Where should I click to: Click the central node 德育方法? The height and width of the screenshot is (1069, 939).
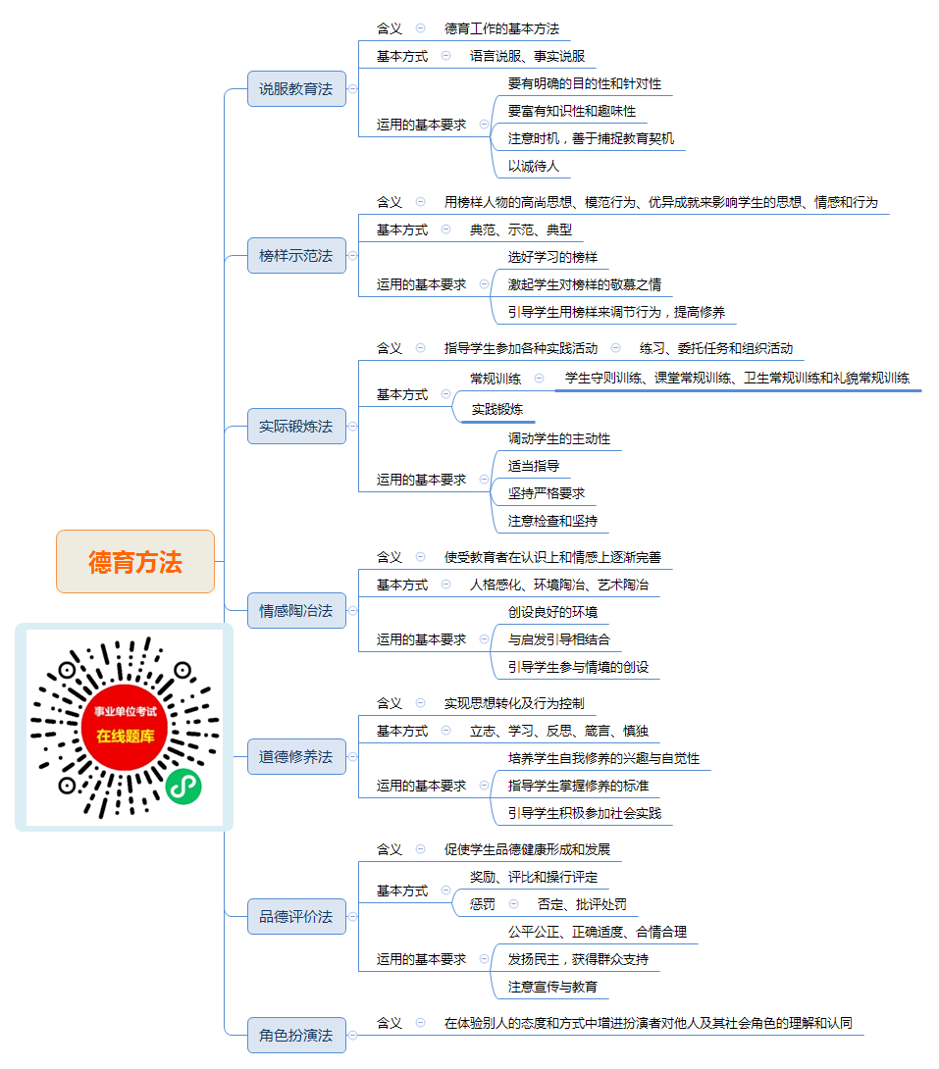click(x=135, y=562)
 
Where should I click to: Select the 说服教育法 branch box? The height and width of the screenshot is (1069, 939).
click(x=296, y=88)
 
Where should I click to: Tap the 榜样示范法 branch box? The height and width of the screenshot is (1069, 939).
click(x=296, y=256)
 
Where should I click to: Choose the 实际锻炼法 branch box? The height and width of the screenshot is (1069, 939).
click(x=296, y=426)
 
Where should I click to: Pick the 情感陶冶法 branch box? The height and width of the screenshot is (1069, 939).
click(x=296, y=611)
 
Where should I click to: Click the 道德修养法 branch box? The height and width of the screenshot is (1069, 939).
click(x=296, y=757)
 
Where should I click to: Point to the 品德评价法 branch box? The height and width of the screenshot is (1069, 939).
click(x=296, y=916)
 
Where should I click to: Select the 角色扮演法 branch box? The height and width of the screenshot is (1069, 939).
click(x=296, y=1035)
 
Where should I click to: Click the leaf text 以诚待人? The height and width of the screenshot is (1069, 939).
click(x=533, y=166)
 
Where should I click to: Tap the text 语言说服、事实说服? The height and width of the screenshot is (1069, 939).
click(x=527, y=56)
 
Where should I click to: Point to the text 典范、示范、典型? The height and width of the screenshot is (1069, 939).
click(x=521, y=229)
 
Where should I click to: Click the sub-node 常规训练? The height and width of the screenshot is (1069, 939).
click(x=496, y=379)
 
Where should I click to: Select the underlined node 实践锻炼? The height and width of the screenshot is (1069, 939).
click(x=497, y=409)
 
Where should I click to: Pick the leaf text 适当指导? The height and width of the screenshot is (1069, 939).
click(x=533, y=466)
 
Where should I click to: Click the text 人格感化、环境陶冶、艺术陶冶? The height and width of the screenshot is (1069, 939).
click(x=559, y=585)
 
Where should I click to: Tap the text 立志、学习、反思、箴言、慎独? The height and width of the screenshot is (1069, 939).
click(x=559, y=731)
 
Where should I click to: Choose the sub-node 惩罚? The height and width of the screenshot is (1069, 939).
click(x=483, y=904)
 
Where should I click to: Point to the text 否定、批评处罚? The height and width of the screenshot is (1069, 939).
click(x=582, y=904)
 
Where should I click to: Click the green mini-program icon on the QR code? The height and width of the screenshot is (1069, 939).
click(x=183, y=787)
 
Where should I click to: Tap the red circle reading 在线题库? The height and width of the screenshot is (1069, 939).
click(x=124, y=728)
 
